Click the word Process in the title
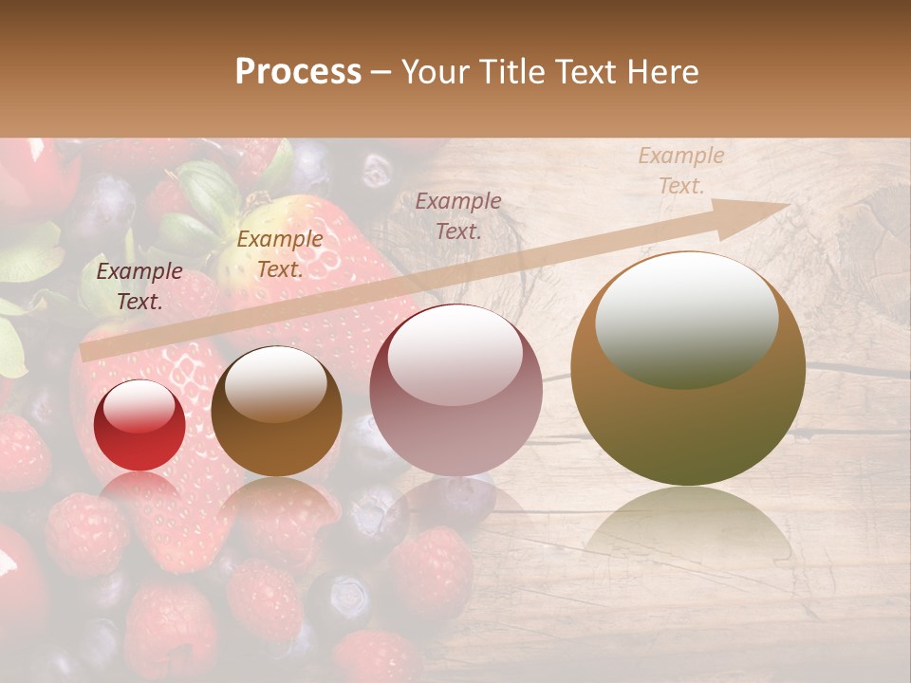pyautogui.click(x=298, y=72)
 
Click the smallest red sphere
pyautogui.click(x=139, y=426)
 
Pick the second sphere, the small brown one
pyautogui.click(x=276, y=412)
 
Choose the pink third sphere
pyautogui.click(x=455, y=391)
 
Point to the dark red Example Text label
pyautogui.click(x=139, y=286)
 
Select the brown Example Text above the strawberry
pyautogui.click(x=279, y=254)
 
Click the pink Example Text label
pyautogui.click(x=458, y=215)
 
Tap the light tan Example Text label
pyautogui.click(x=680, y=171)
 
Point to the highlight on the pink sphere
pyautogui.click(x=455, y=356)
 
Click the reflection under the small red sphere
pyautogui.click(x=139, y=489)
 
